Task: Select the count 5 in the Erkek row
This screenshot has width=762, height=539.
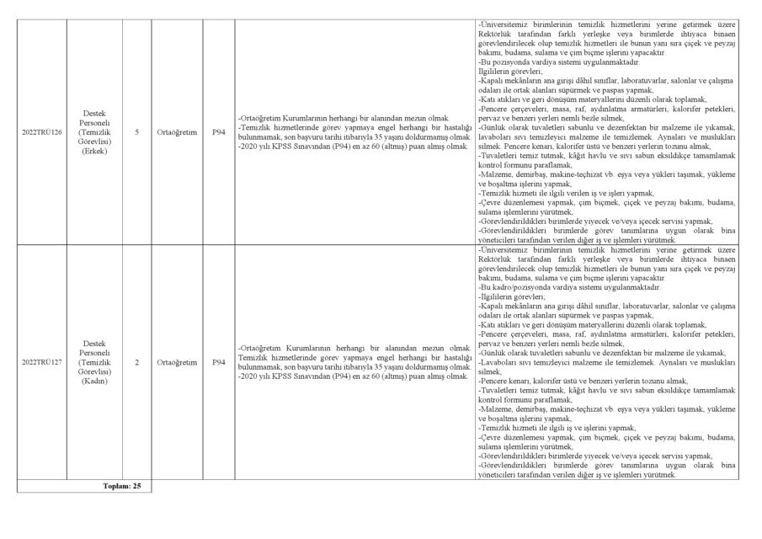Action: tap(136, 132)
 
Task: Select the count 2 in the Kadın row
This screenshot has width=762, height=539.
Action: tap(136, 362)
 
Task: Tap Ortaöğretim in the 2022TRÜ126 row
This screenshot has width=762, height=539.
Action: tap(177, 132)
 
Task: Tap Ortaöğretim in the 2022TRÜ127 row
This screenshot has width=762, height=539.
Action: tap(177, 362)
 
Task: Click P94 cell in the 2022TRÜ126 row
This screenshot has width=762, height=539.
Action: tap(219, 132)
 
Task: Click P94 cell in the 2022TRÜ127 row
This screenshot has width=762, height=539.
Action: tap(219, 362)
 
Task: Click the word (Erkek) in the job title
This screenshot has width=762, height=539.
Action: tap(94, 152)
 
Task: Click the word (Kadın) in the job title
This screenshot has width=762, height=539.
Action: tap(94, 382)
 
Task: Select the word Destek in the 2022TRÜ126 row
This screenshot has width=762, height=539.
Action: tap(94, 113)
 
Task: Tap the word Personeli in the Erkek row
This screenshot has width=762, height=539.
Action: tap(94, 122)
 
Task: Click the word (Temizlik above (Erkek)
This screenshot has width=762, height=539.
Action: tap(94, 132)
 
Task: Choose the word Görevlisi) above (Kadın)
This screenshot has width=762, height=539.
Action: tap(94, 371)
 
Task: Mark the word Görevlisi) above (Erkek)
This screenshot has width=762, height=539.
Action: tap(94, 141)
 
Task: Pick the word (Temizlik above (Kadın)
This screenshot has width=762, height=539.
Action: tap(94, 362)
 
